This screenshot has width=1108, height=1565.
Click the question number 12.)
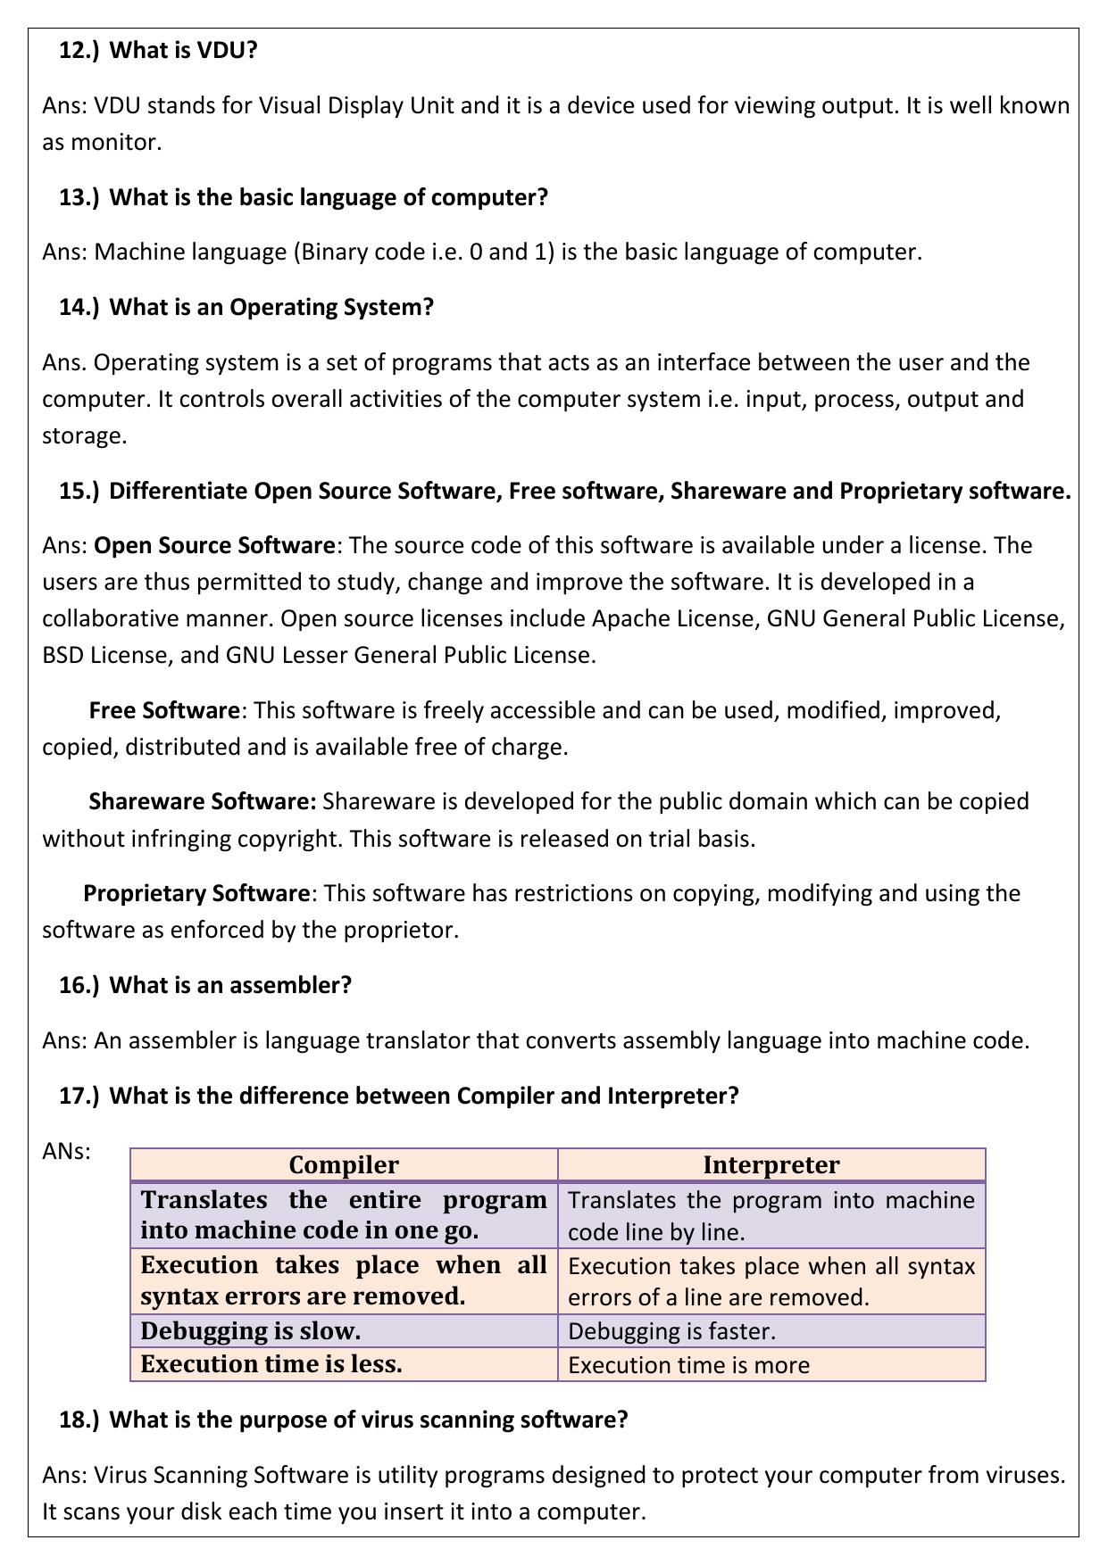click(x=79, y=50)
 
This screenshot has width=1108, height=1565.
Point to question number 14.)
click(x=79, y=307)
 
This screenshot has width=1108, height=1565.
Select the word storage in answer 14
click(x=82, y=436)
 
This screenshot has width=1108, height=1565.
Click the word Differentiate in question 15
click(x=179, y=491)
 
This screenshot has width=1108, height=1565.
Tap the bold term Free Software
click(x=164, y=710)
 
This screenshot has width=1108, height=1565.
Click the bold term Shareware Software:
click(x=203, y=801)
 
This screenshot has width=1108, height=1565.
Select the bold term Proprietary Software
click(x=196, y=893)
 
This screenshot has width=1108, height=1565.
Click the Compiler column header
click(x=344, y=1165)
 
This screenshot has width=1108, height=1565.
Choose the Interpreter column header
click(x=771, y=1165)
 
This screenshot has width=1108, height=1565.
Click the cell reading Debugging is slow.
click(x=251, y=1331)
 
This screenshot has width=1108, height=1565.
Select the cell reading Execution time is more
click(x=688, y=1365)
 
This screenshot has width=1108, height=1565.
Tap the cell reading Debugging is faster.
click(x=671, y=1331)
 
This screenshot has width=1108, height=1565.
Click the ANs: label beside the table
click(x=67, y=1151)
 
